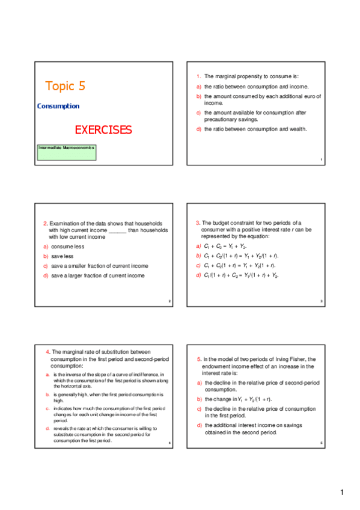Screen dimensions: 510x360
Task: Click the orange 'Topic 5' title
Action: tap(65, 86)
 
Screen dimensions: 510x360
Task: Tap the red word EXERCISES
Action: tap(103, 130)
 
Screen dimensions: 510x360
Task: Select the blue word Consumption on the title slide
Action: tap(58, 106)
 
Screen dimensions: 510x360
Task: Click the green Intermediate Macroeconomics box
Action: tap(66, 152)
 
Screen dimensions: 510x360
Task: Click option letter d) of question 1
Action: tap(198, 129)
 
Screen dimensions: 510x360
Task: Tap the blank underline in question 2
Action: tap(118, 230)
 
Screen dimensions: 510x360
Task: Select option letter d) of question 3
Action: tap(199, 275)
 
